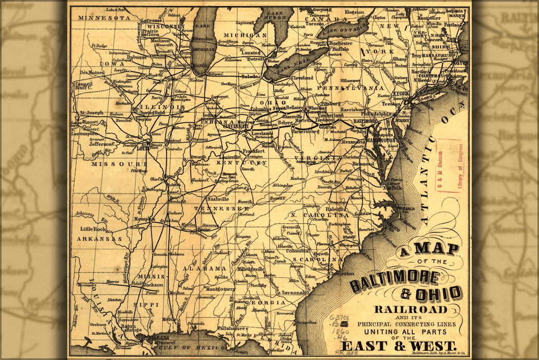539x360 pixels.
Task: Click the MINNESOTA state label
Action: (x=104, y=17)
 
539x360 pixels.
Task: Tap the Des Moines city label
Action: (x=91, y=73)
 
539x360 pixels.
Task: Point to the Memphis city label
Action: (x=144, y=219)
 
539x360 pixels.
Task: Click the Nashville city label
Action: (x=217, y=199)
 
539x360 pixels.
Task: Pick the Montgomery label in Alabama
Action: (x=220, y=289)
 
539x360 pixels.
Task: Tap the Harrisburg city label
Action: (x=353, y=110)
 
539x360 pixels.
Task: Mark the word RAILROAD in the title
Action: (x=411, y=309)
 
